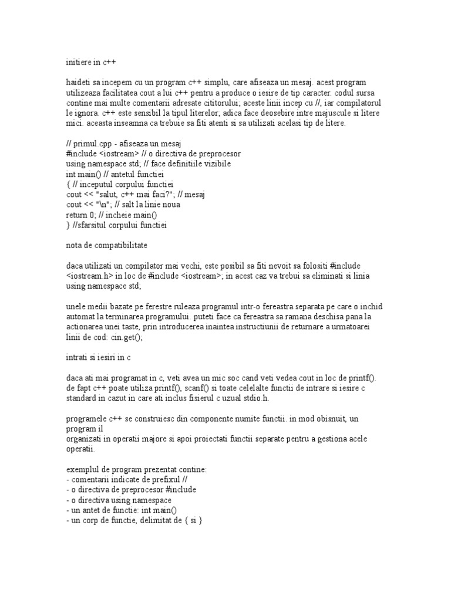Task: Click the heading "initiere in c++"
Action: click(94, 60)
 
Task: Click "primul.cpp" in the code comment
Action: click(95, 143)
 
